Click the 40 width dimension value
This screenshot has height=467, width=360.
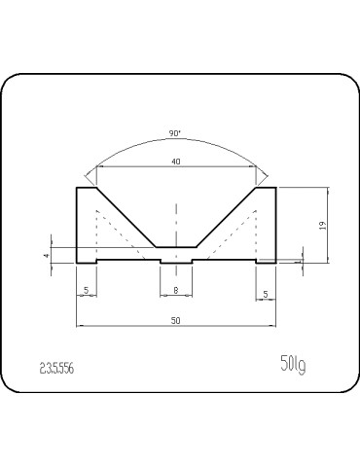pyautogui.click(x=175, y=162)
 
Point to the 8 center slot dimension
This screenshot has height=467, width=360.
pyautogui.click(x=175, y=290)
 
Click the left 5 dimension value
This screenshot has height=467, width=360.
pyautogui.click(x=87, y=290)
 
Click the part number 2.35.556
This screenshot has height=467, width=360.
pyautogui.click(x=56, y=369)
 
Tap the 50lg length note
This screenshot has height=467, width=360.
pyautogui.click(x=292, y=366)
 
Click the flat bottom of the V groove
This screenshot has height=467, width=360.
pyautogui.click(x=175, y=247)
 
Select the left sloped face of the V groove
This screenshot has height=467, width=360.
pyautogui.click(x=126, y=217)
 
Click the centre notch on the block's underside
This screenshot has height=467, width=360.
pyautogui.click(x=175, y=263)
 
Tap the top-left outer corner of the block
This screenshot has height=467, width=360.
pyautogui.click(x=77, y=187)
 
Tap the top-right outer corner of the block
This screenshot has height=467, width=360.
pyautogui.click(x=275, y=187)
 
